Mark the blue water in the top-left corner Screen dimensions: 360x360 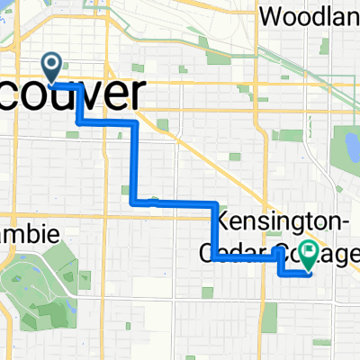[x=4, y=7]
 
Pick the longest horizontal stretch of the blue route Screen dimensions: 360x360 [x=175, y=203]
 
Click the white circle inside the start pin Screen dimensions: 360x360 [x=52, y=63]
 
